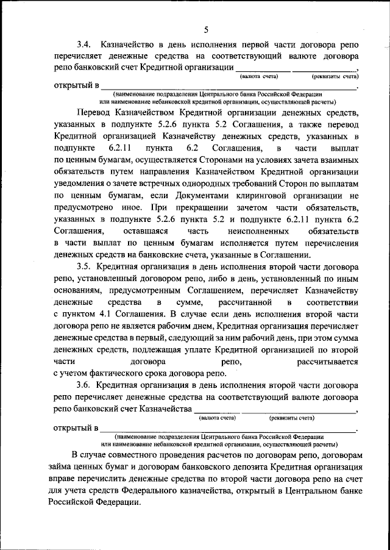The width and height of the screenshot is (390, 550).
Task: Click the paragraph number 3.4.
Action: click(85, 45)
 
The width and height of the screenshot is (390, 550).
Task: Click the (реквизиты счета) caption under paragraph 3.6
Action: click(291, 418)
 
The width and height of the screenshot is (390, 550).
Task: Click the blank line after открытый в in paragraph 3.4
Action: click(229, 87)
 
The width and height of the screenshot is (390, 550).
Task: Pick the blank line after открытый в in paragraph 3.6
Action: click(229, 429)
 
